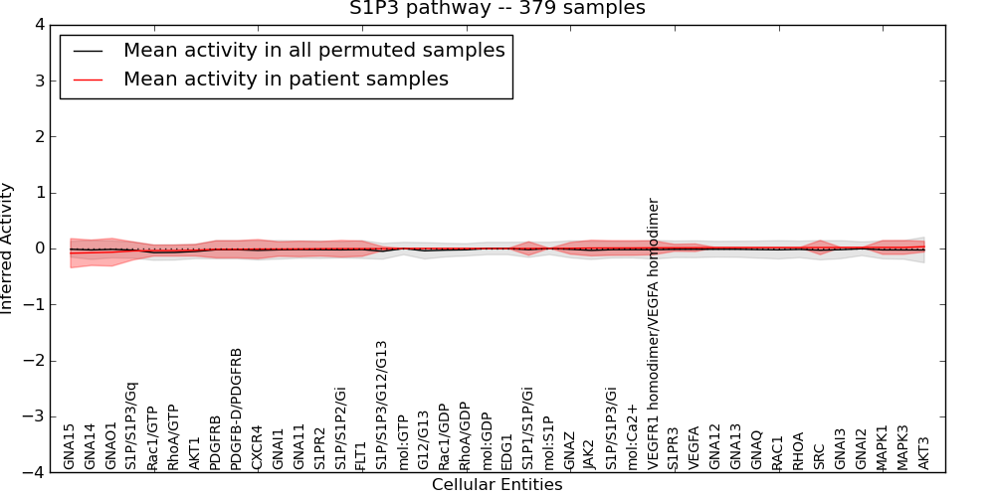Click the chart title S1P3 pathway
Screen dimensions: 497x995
pos(497,9)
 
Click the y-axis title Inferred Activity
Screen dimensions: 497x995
pos(8,248)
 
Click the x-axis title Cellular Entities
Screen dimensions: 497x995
pos(497,485)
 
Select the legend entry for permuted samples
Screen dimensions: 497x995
pos(313,50)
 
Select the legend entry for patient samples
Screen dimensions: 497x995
pos(286,79)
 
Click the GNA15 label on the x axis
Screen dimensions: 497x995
pos(70,446)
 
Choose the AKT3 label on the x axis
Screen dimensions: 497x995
pos(924,452)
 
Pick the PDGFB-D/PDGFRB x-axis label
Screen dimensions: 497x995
pos(237,409)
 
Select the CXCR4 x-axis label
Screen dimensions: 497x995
pos(258,447)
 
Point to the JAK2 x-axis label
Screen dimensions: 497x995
pos(590,452)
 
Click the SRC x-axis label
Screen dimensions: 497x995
pos(820,455)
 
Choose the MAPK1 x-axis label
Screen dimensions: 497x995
pos(883,447)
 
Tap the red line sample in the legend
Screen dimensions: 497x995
pos(91,80)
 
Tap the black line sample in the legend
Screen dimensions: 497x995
pos(91,51)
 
